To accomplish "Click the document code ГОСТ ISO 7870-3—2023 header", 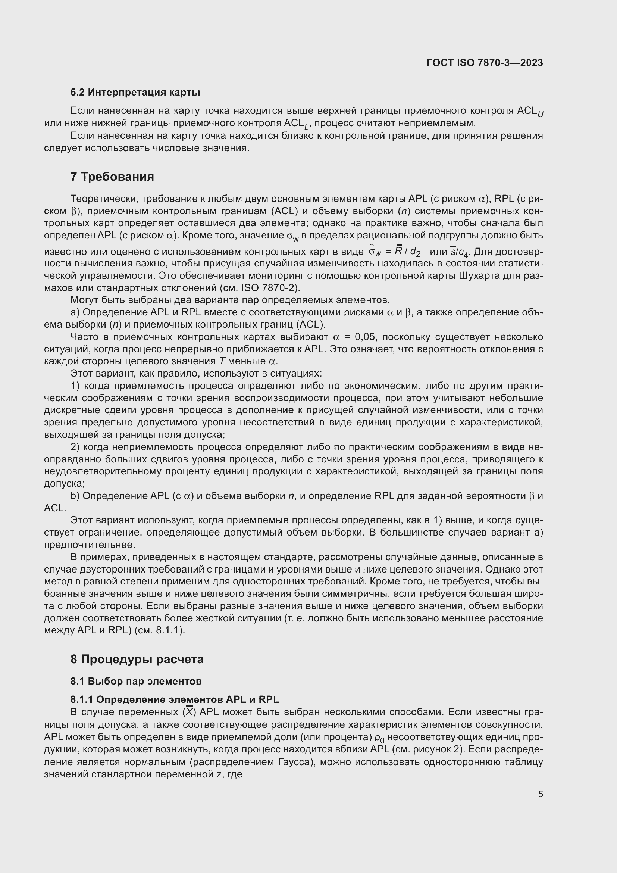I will click(485, 63).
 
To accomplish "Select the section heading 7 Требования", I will click(112, 177).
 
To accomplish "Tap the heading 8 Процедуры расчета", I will click(137, 659).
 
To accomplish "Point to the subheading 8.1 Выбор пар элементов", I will click(136, 681).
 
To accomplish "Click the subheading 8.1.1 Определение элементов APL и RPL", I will click(174, 699).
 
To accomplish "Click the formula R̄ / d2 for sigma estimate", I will click(407, 252).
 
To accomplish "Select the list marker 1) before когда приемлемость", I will click(75, 386).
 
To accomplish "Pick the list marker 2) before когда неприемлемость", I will click(75, 447).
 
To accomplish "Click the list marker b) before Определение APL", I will click(75, 496).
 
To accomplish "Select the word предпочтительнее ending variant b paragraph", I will click(90, 545).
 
